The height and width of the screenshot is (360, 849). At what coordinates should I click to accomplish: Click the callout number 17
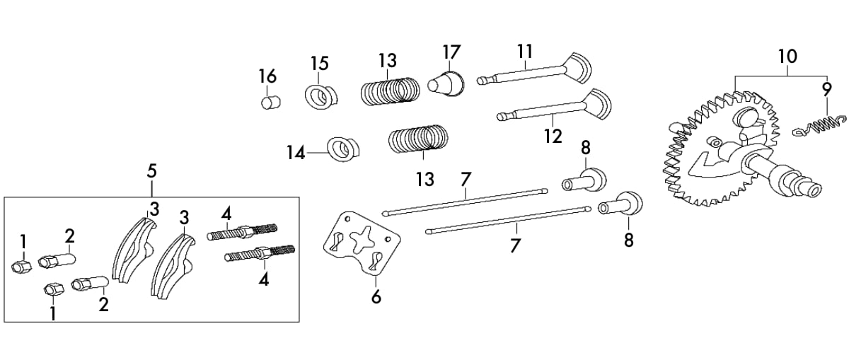451,52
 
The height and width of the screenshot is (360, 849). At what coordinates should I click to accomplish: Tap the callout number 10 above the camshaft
787,57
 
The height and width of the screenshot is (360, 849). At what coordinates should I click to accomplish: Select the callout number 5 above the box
151,171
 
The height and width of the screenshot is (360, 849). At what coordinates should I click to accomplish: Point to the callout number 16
268,76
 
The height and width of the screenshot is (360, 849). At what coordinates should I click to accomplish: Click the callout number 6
376,297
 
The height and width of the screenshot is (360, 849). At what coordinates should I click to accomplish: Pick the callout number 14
296,153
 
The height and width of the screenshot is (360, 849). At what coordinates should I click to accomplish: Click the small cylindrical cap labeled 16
271,103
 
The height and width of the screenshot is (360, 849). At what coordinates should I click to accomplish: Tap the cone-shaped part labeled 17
446,83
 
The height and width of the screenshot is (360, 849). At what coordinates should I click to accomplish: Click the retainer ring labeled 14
343,149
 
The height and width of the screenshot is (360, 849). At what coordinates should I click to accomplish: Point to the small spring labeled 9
819,130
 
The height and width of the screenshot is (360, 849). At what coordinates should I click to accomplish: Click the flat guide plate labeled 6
362,243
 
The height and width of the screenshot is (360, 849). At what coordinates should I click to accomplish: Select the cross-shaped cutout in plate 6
361,240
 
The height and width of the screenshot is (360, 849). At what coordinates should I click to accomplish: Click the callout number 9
827,90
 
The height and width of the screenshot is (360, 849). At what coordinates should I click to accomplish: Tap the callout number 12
553,136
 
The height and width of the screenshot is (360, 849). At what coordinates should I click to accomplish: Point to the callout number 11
525,51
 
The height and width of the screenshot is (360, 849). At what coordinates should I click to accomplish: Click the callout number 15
320,63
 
